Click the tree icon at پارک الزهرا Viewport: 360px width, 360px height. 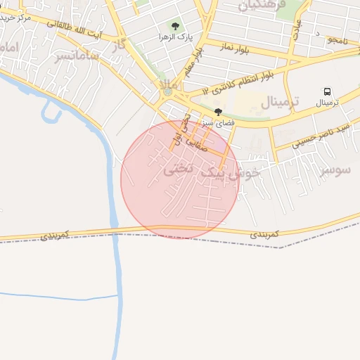pyautogui.click(x=174, y=27)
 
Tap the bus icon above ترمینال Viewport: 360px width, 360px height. pyautogui.click(x=327, y=91)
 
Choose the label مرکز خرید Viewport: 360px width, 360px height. pyautogui.click(x=15, y=17)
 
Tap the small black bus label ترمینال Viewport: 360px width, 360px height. pyautogui.click(x=327, y=103)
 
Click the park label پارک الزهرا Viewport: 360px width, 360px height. pyautogui.click(x=175, y=37)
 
